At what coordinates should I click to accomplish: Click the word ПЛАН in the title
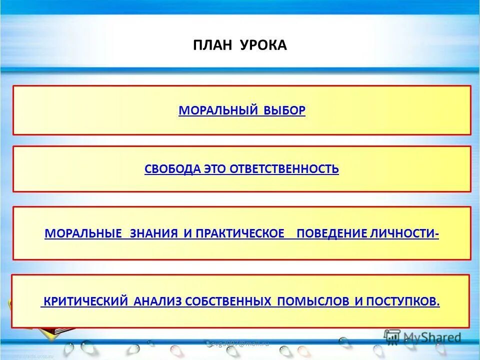209,45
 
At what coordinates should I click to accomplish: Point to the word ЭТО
215,169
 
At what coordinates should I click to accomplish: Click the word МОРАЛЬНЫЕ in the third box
83,233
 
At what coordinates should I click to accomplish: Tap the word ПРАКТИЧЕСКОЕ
240,233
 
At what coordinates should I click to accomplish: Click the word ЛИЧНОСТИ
405,233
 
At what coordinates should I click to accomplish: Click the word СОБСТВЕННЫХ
228,301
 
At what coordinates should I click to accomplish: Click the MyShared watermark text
432,337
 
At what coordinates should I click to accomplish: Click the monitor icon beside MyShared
392,337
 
